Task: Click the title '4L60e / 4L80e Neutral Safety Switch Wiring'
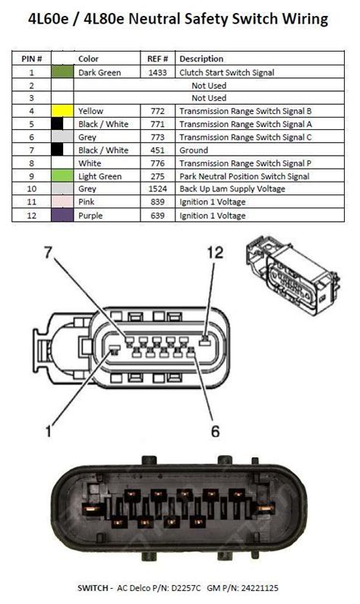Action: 179,18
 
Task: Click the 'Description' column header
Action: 201,59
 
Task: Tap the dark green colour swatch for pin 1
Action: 62,73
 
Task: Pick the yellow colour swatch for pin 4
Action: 62,111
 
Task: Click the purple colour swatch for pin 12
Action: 62,216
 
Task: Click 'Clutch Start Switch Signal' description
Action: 226,73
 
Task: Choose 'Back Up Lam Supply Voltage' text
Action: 232,189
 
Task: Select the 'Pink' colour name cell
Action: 87,202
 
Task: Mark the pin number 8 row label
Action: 32,163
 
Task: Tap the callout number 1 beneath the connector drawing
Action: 48,432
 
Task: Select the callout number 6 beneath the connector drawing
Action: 215,432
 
